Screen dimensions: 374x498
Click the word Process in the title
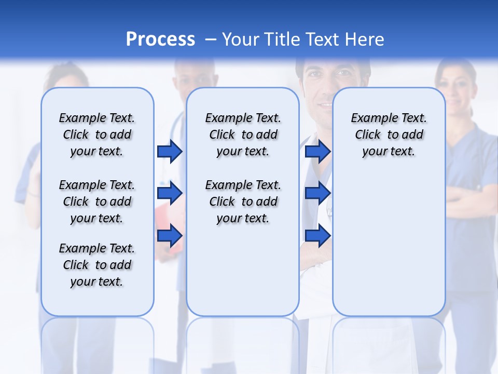click(160, 39)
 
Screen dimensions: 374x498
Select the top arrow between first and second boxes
click(170, 151)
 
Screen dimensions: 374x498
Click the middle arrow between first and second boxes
click(170, 193)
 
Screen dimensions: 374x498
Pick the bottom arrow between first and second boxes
click(170, 235)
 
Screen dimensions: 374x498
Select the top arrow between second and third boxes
click(317, 151)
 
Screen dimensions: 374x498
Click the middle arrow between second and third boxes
click(317, 193)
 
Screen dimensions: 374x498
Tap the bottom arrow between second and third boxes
click(317, 235)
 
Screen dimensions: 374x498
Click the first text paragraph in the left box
click(97, 135)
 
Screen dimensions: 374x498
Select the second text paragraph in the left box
click(97, 202)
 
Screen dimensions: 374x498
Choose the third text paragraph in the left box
click(97, 265)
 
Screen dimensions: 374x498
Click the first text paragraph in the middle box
click(243, 135)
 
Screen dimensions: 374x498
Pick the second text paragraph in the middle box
click(243, 202)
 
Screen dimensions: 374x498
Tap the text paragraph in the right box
click(389, 135)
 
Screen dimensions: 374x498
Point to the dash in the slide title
click(211, 39)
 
